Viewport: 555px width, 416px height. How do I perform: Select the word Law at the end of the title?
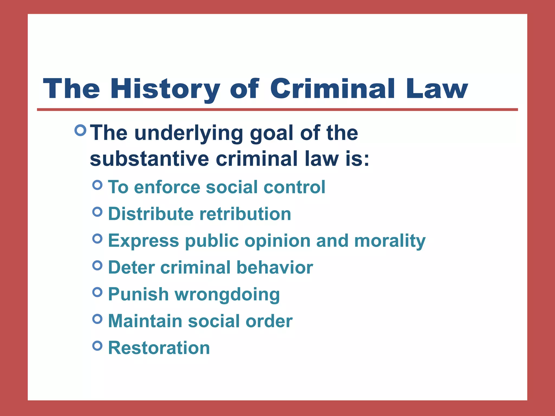click(x=437, y=89)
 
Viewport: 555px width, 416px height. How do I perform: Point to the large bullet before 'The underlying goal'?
click(x=80, y=130)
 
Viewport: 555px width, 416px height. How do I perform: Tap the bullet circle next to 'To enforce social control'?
click(x=97, y=185)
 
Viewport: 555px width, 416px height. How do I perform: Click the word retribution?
click(x=245, y=214)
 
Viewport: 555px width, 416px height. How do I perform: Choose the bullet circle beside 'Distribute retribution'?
click(x=97, y=212)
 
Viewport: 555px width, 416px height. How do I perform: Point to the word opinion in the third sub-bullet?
click(x=277, y=241)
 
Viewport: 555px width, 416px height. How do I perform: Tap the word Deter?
click(x=131, y=268)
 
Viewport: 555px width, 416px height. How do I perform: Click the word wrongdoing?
click(x=227, y=294)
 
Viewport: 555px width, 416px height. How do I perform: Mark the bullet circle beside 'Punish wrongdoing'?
click(x=97, y=292)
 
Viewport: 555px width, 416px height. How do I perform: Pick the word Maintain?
click(x=145, y=321)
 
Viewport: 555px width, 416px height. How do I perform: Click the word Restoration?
click(x=159, y=348)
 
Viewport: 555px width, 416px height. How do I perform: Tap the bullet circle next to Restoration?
click(x=97, y=346)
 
